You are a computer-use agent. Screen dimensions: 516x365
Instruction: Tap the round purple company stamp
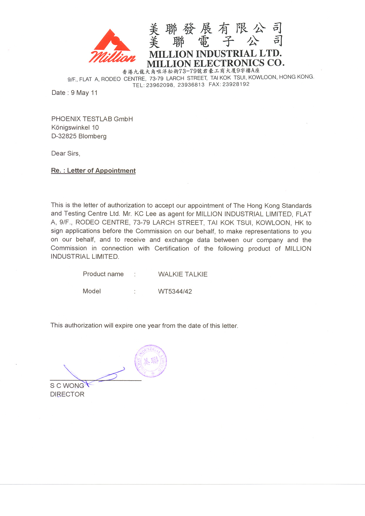[x=151, y=361]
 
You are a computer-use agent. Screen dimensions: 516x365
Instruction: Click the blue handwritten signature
[x=94, y=375]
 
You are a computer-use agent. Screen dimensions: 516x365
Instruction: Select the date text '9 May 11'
[x=84, y=93]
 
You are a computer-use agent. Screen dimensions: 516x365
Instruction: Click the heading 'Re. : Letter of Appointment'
[x=93, y=171]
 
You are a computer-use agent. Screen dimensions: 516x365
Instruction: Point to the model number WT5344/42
[x=175, y=292]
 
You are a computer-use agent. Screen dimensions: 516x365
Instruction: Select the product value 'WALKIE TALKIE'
[x=183, y=274]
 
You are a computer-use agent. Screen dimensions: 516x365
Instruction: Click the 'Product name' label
[x=103, y=274]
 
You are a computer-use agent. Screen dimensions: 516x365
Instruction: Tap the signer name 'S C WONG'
[x=67, y=386]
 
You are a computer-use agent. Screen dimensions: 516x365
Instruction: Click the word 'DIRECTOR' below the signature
[x=67, y=394]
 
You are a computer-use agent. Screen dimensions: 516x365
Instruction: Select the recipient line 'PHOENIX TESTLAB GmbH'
[x=92, y=119]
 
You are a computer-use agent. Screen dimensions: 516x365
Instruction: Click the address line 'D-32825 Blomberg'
[x=79, y=136]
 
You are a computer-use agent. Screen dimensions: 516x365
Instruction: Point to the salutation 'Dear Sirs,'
[x=66, y=153]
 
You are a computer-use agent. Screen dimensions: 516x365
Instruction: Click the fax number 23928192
[x=236, y=85]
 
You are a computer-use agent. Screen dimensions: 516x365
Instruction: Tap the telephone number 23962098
[x=160, y=85]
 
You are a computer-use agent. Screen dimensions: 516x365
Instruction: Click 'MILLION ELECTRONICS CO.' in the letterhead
[x=215, y=63]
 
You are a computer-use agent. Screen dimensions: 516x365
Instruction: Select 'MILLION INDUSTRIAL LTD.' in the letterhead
[x=215, y=54]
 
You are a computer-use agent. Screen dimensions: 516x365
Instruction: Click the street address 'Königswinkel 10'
[x=75, y=128]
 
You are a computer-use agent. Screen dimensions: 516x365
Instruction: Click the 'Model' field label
[x=92, y=291]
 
